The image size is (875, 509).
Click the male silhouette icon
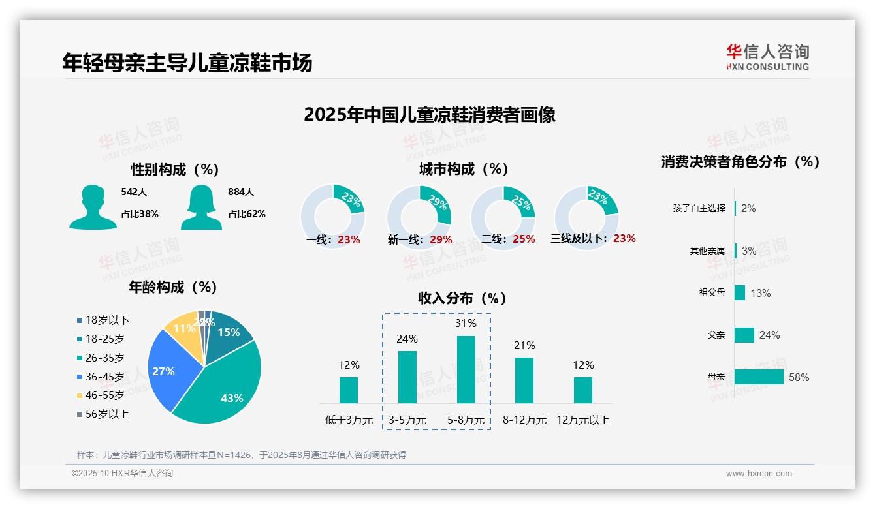tap(93, 207)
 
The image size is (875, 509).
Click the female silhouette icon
tap(201, 207)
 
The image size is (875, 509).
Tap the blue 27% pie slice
tap(167, 369)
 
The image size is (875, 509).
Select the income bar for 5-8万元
tap(466, 369)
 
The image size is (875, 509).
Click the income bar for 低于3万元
tap(349, 390)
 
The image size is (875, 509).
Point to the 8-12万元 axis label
tap(524, 420)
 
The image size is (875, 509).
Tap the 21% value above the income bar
tap(524, 345)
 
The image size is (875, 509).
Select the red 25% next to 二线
tap(524, 239)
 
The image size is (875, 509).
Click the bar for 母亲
tap(758, 377)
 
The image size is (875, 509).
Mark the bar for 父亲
tap(744, 335)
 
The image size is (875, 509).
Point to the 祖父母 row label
tap(712, 292)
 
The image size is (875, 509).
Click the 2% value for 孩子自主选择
tap(748, 208)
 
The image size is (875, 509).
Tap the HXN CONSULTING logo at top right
tap(767, 57)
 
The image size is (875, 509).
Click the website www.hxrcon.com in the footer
tap(758, 474)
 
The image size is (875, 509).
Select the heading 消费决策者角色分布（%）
tap(740, 162)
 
